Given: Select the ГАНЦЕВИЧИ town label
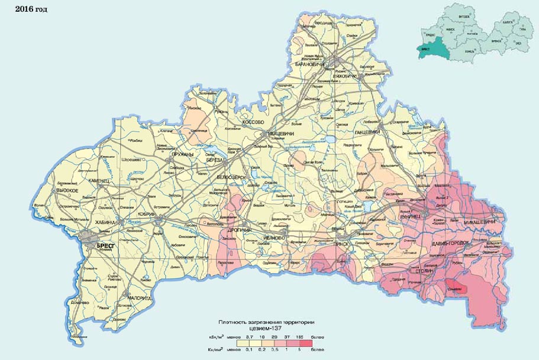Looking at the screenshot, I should [x=366, y=132].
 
